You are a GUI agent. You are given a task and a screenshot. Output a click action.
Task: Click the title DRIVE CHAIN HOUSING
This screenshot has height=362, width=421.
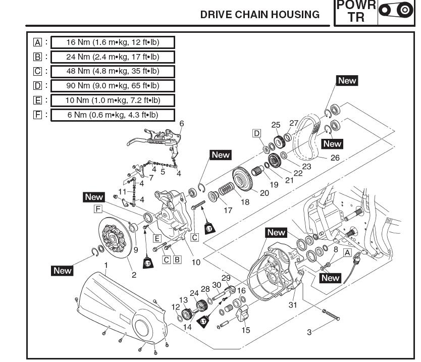tap(260, 15)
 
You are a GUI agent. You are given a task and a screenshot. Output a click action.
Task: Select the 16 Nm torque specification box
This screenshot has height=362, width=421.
tap(113, 42)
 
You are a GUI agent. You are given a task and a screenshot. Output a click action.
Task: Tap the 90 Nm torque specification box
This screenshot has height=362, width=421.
tap(113, 86)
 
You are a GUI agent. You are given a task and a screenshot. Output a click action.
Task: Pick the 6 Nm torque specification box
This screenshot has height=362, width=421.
tap(113, 115)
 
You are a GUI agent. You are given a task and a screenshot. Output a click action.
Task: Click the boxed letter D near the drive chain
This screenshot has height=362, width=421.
tap(257, 133)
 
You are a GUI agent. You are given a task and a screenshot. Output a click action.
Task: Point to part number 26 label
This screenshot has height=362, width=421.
tap(335, 158)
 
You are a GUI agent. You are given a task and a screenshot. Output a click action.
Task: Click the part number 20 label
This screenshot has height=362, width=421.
tap(265, 192)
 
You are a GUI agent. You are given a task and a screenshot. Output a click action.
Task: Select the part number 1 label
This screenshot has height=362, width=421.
tap(106, 265)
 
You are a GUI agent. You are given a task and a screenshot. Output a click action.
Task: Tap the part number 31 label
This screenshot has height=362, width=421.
tap(293, 304)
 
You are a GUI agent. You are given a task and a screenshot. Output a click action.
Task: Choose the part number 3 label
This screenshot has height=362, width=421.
tap(309, 332)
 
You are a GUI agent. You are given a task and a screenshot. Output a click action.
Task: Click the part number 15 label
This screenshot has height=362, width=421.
tap(246, 330)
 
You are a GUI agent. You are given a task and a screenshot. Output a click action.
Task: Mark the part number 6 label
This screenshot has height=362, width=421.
tap(182, 124)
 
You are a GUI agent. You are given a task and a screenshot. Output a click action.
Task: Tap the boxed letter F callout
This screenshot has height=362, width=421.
tap(98, 209)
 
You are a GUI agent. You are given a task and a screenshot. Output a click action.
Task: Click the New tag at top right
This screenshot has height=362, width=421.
tap(347, 81)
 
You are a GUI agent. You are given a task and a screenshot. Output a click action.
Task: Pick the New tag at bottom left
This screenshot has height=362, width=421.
tap(63, 271)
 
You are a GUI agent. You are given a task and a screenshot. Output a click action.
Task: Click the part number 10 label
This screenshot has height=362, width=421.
tap(196, 262)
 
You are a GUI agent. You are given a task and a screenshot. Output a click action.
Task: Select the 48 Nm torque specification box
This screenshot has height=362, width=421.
tap(113, 71)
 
